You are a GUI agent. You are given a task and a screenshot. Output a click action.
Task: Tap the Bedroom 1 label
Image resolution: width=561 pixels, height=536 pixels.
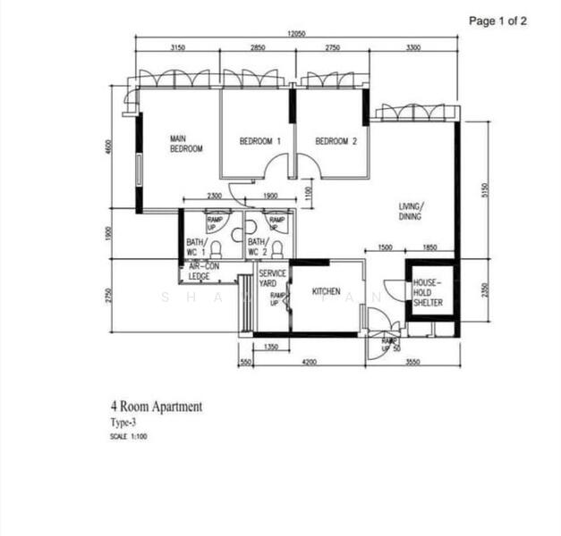click(x=260, y=141)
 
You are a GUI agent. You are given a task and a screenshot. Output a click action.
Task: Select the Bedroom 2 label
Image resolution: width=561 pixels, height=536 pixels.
click(x=336, y=141)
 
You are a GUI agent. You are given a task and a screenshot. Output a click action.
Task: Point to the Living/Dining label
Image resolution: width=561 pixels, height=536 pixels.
click(x=412, y=211)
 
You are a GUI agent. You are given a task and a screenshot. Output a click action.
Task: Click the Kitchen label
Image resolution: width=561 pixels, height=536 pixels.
click(x=326, y=292)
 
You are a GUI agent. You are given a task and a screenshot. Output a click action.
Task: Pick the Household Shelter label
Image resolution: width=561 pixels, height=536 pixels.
click(x=427, y=293)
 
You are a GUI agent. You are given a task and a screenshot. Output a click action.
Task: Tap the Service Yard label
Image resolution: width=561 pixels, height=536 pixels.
click(x=272, y=278)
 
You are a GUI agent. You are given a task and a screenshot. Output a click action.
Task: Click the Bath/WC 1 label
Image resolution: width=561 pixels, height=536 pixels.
click(x=197, y=247)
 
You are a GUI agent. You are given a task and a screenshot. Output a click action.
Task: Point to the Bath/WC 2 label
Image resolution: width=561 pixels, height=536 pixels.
click(x=257, y=247)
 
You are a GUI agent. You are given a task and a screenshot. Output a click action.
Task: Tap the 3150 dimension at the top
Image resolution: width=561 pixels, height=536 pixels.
click(x=177, y=48)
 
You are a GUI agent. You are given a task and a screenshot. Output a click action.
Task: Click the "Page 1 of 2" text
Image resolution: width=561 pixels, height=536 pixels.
click(x=497, y=21)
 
